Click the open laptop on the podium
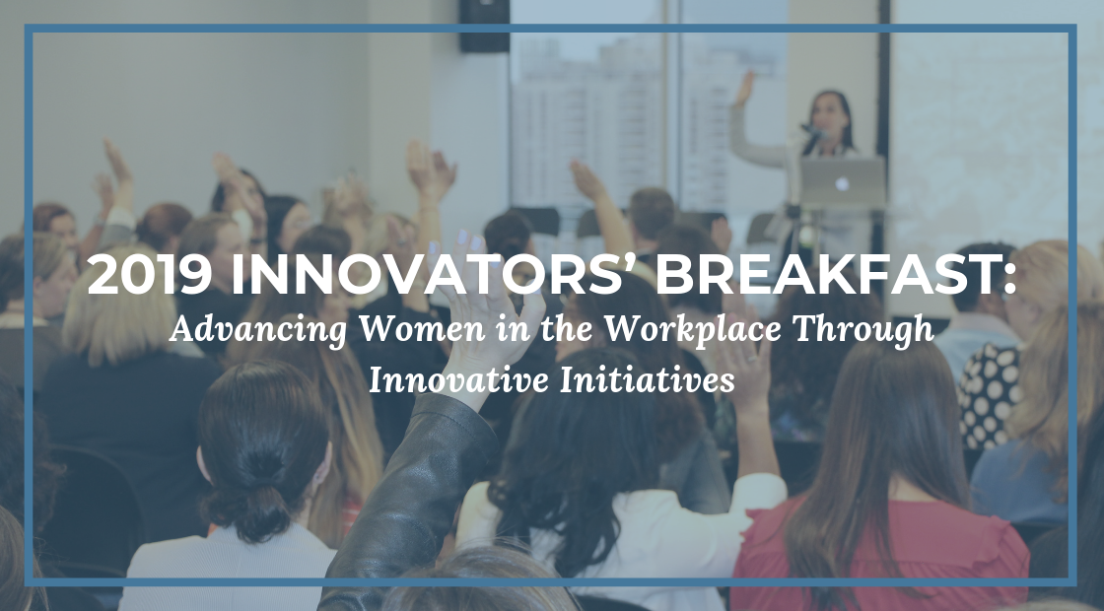(x=842, y=181)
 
